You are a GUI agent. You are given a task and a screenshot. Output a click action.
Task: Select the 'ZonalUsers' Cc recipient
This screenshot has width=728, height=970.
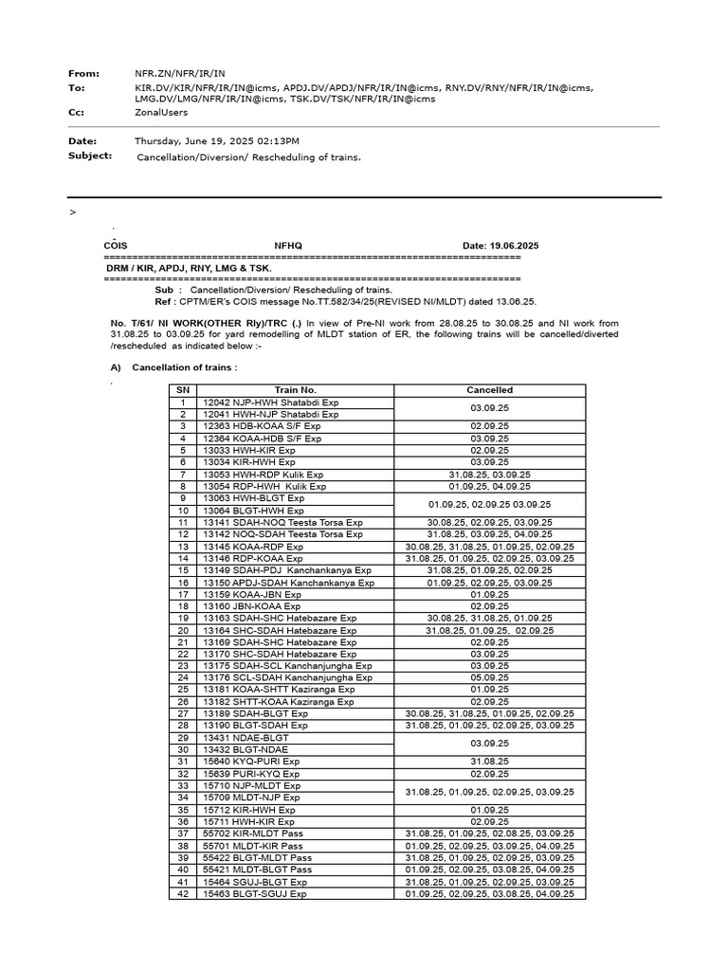pos(161,112)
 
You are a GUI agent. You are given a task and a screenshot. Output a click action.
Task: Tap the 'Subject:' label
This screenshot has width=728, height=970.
pos(90,155)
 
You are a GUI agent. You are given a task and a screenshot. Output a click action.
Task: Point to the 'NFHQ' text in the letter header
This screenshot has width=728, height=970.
pos(288,245)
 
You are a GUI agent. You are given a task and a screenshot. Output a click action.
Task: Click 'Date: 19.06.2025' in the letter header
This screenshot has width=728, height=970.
pos(500,245)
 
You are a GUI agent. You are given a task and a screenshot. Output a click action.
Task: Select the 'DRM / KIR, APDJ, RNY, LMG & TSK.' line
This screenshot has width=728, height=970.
pos(189,268)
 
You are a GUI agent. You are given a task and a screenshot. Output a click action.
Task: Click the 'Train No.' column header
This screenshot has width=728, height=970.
pos(295,390)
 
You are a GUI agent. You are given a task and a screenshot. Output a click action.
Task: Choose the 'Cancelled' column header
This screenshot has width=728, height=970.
pos(489,390)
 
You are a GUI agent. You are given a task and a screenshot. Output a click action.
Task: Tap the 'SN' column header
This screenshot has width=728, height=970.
pos(182,390)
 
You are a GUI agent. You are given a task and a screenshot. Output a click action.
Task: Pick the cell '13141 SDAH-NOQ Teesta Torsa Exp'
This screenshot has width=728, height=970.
pos(282,522)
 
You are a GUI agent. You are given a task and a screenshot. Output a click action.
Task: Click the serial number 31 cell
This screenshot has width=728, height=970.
pos(182,762)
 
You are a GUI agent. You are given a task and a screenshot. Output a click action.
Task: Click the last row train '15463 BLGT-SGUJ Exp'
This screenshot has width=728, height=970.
pos(254,893)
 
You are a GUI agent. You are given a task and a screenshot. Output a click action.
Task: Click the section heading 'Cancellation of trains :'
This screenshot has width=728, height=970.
pos(185,368)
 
